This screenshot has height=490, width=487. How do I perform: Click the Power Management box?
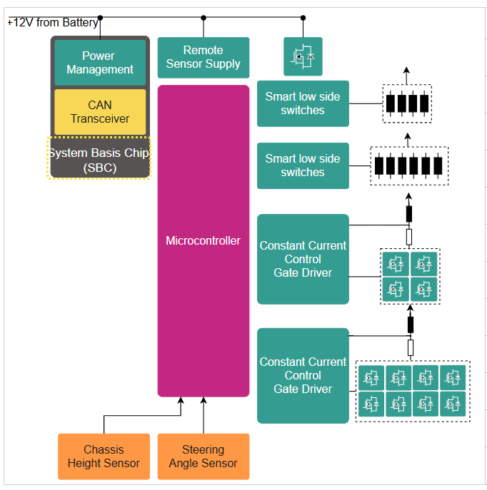(x=100, y=63)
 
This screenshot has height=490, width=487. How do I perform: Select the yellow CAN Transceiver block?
(x=100, y=112)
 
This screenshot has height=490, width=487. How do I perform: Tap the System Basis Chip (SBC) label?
(x=99, y=160)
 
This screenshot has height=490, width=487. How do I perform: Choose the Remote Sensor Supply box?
(x=203, y=57)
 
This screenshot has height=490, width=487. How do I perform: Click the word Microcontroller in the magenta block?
(x=203, y=240)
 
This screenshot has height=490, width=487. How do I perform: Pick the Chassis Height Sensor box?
(x=104, y=456)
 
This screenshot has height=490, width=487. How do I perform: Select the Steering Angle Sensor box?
(x=203, y=456)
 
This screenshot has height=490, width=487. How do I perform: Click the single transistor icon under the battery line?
(x=303, y=56)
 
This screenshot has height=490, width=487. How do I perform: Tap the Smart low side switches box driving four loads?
(x=303, y=103)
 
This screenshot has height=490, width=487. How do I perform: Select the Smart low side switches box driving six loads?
(x=303, y=165)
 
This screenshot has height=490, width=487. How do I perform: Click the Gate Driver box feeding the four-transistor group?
(x=303, y=259)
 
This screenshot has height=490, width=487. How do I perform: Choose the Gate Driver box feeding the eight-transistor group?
(x=303, y=375)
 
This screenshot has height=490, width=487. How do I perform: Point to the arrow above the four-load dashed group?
(x=406, y=71)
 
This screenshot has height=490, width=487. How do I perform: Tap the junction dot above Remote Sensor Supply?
(x=203, y=17)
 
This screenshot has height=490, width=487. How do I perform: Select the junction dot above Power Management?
(x=100, y=17)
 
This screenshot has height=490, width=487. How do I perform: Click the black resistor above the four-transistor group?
(x=409, y=213)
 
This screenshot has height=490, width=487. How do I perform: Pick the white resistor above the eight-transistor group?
(x=410, y=347)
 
